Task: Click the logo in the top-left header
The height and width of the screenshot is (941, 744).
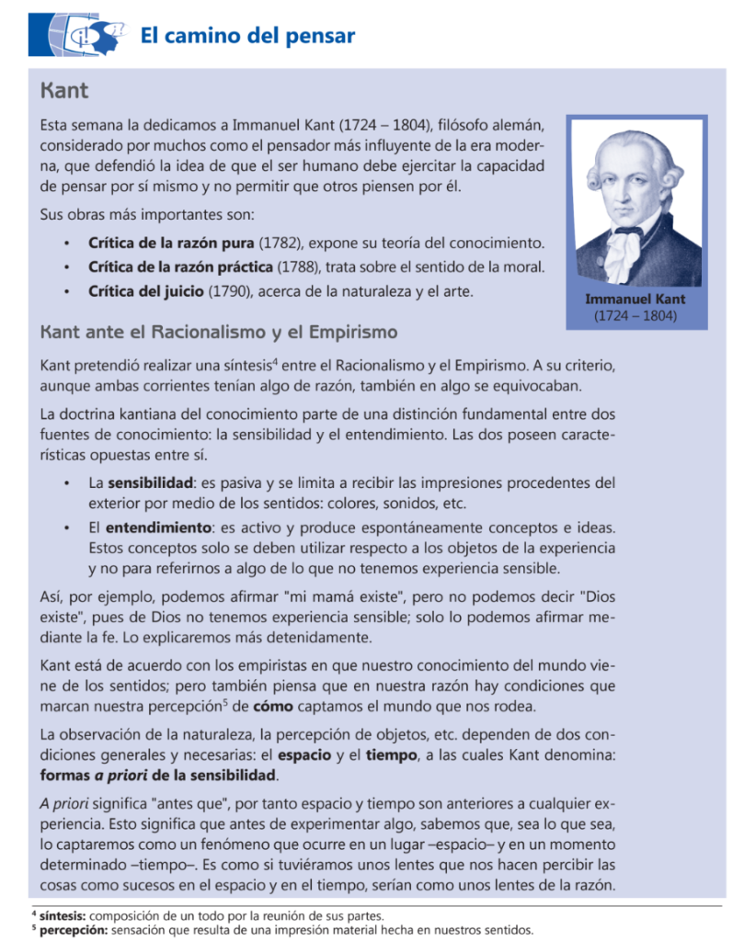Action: pos(77,36)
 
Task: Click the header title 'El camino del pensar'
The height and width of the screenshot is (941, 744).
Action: pos(246,37)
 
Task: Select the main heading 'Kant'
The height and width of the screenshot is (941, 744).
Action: pos(64,92)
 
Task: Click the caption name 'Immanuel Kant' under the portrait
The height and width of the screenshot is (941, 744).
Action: pos(635,300)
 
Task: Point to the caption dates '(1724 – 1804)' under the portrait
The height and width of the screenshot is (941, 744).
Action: pos(635,315)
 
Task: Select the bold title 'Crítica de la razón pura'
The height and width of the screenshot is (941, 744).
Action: pos(171,244)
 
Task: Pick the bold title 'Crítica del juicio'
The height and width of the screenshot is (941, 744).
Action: pos(145,292)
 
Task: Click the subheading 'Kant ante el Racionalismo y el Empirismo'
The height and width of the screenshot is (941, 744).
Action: pos(219,331)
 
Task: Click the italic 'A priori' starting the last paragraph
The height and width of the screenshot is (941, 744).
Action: pos(67,799)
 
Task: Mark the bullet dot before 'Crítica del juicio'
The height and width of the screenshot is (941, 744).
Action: pos(67,292)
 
